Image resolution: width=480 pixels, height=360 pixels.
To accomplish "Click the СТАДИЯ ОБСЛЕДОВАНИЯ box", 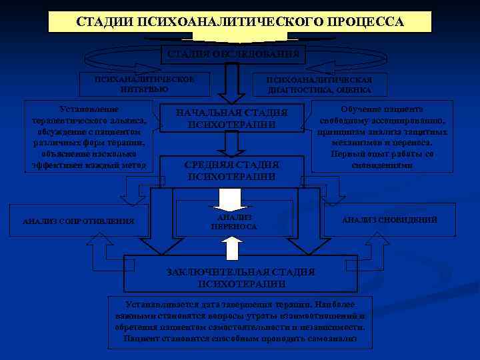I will pos(232,53).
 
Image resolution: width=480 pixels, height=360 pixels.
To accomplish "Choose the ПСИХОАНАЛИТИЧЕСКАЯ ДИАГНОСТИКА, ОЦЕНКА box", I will pos(319,83).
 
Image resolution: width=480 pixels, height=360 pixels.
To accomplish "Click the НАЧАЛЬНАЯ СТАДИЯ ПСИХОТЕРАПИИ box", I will pos(232,117).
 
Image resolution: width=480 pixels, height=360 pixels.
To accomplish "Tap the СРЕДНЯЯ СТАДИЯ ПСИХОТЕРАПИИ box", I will pos(232,170).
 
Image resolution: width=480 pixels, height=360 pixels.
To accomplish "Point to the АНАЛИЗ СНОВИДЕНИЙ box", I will pos(389,220).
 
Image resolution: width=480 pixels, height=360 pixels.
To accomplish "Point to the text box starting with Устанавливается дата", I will pos(240,321).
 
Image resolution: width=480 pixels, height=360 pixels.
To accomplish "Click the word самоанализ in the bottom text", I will pos(332,339).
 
